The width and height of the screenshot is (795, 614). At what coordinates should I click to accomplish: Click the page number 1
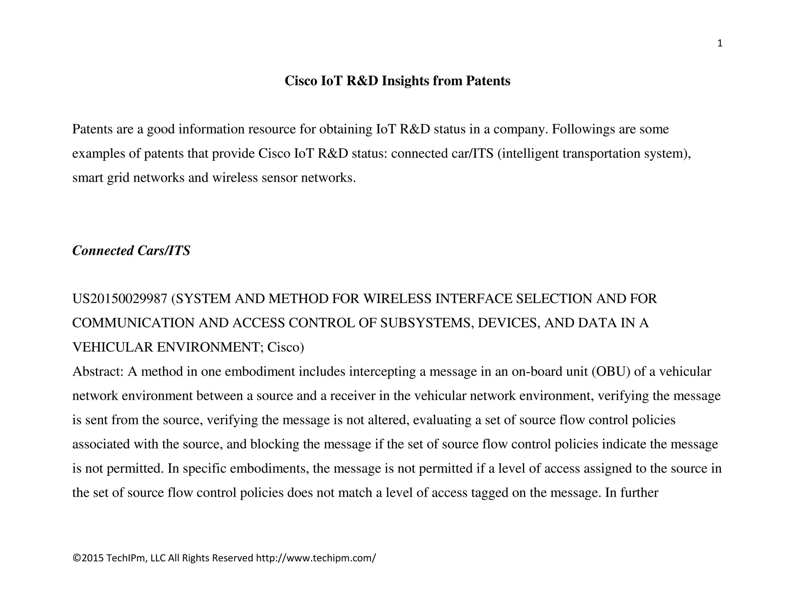coord(720,43)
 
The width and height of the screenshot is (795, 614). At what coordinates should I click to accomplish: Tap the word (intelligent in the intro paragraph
coord(528,153)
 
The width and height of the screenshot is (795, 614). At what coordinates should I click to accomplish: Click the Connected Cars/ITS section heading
coord(131,251)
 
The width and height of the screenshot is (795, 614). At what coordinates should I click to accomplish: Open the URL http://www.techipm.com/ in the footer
coord(316,558)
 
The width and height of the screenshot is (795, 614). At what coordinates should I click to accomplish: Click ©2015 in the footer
coord(88,558)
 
